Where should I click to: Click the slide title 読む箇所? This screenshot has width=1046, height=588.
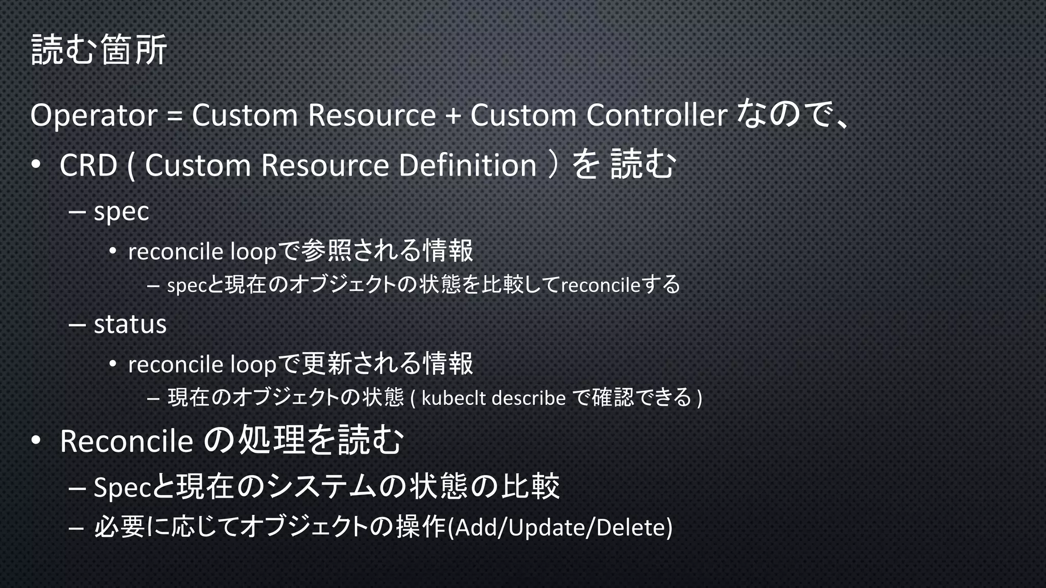[x=99, y=50]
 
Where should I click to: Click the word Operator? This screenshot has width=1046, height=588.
[x=93, y=115]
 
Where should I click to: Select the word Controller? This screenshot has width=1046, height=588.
[x=656, y=115]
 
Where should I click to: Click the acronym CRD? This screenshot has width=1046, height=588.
[x=88, y=166]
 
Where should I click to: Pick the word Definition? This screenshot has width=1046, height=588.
[x=467, y=166]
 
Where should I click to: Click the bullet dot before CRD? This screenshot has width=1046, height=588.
[x=35, y=165]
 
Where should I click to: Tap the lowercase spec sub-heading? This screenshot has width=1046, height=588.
[x=122, y=212]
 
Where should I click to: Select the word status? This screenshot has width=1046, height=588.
[x=130, y=325]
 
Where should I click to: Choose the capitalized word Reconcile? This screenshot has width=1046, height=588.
[x=126, y=441]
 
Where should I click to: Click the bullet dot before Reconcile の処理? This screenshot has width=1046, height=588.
[x=35, y=440]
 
